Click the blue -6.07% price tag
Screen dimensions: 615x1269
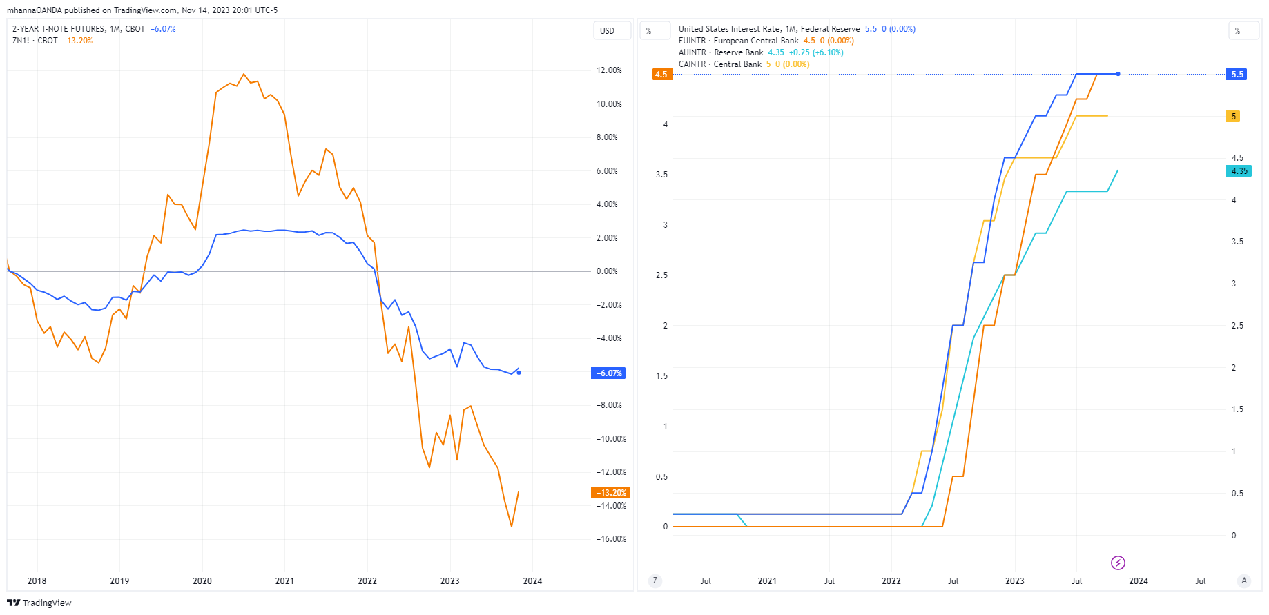[608, 373]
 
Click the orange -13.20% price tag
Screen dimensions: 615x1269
[610, 493]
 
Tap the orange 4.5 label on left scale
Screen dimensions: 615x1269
[661, 75]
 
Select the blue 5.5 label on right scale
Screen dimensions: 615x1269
[1237, 75]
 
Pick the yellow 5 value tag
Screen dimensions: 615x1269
[1233, 117]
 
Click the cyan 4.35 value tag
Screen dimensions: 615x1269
[1239, 171]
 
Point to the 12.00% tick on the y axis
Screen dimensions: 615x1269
[608, 70]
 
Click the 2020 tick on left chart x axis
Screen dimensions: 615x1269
[202, 581]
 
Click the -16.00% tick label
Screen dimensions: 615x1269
[610, 539]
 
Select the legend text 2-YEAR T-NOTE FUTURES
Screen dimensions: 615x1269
[59, 29]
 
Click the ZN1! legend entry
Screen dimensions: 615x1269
[21, 41]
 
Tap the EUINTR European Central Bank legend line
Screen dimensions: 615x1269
[738, 41]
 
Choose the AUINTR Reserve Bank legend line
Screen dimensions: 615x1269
[721, 52]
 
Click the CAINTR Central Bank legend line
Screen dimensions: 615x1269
[719, 64]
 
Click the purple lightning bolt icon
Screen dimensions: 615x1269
[1118, 563]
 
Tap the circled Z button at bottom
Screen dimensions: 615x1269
[655, 581]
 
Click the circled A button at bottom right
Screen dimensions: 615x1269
[1244, 581]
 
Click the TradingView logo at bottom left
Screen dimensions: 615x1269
[39, 603]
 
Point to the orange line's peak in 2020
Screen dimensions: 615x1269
[243, 74]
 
